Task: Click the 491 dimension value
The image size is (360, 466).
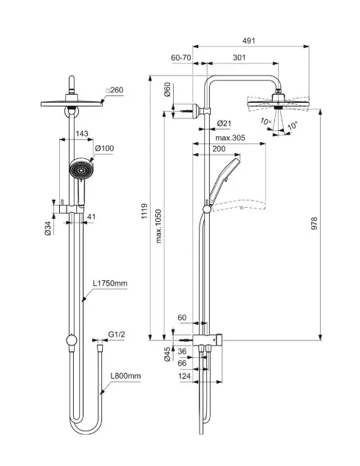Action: tap(248, 41)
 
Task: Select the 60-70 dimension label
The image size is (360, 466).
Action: tap(181, 58)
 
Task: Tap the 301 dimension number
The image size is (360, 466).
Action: tap(239, 58)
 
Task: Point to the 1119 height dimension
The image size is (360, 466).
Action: tap(144, 211)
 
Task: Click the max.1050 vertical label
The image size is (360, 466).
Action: tap(159, 226)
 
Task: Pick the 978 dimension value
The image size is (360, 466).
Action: tap(314, 223)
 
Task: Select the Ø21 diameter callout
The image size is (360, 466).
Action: tap(224, 124)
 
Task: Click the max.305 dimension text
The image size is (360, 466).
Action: tap(230, 138)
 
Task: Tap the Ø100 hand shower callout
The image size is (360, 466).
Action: tap(104, 148)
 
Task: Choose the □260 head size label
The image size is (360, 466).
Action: tap(115, 90)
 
